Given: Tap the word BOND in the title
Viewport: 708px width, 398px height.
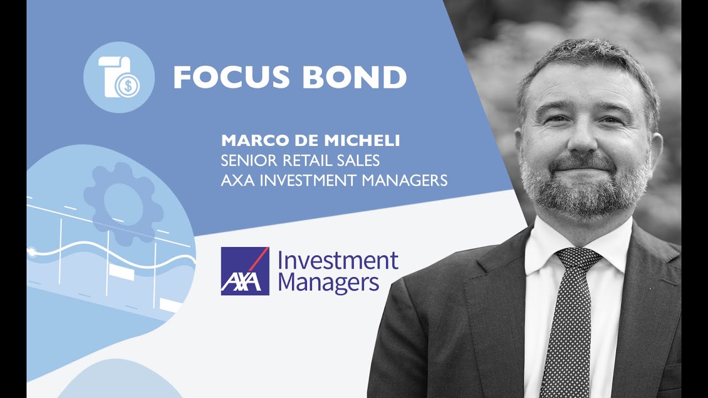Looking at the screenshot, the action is (x=355, y=77).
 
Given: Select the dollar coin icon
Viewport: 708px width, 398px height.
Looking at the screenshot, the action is (x=127, y=85).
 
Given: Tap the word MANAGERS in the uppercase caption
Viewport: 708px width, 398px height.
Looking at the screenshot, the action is (x=404, y=180).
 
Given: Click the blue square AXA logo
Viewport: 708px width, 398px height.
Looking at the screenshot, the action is (x=245, y=271).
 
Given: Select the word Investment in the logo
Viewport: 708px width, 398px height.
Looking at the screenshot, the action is (x=337, y=261).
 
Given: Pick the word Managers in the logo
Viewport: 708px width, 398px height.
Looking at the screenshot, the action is (x=329, y=284).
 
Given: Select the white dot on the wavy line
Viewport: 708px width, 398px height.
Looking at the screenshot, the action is (x=32, y=252).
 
